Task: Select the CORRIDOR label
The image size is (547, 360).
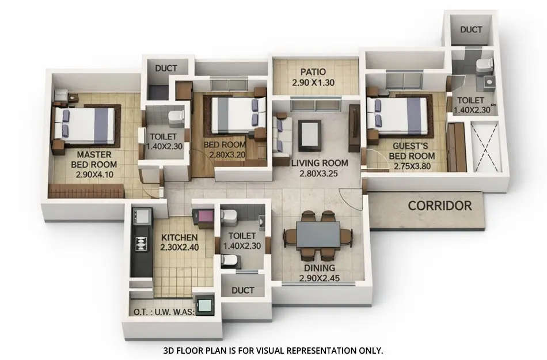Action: tap(440, 205)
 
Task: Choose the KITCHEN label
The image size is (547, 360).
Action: tap(179, 237)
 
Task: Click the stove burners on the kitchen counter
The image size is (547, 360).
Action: tap(139, 244)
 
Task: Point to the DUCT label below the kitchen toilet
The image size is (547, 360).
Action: tap(242, 291)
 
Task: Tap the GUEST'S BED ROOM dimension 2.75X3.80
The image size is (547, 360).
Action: tap(412, 166)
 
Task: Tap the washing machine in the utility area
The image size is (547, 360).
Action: tap(203, 304)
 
